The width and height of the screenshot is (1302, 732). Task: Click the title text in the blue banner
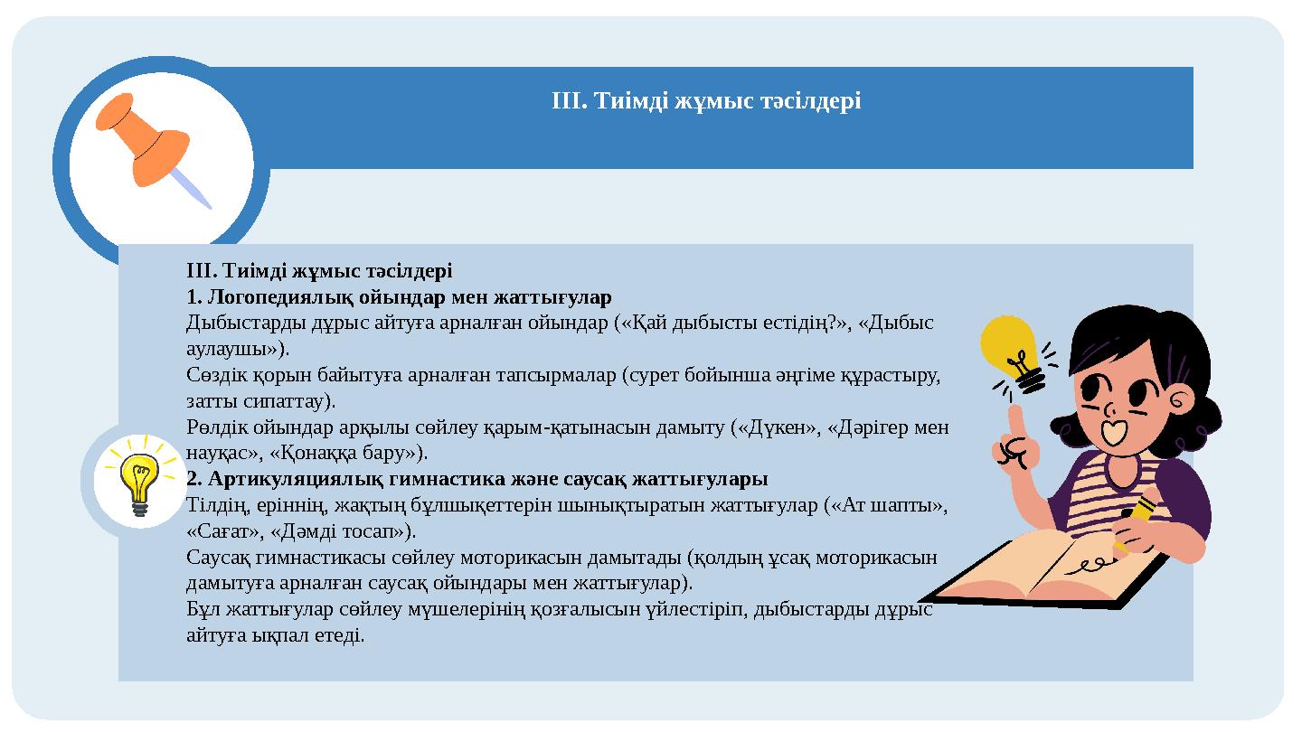coord(705,101)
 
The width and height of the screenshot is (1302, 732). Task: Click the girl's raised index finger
coord(1016,425)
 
